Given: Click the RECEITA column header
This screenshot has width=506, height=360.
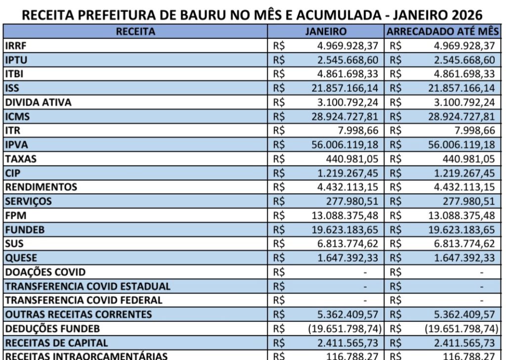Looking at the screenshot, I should (x=135, y=32).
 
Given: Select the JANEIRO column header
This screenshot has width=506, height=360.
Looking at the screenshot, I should (x=326, y=32).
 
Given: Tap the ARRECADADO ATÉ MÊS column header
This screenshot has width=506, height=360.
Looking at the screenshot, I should (x=443, y=32).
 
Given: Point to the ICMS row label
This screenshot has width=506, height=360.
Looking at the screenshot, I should (x=18, y=117).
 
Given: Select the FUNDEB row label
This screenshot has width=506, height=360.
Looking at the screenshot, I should (x=24, y=230).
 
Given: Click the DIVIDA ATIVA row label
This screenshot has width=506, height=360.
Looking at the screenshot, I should (x=38, y=103).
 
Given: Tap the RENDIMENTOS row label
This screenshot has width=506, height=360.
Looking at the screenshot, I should (x=41, y=187).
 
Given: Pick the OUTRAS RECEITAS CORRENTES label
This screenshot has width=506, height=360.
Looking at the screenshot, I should (x=79, y=314).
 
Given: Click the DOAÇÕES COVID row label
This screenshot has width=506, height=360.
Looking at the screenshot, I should (x=45, y=272).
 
